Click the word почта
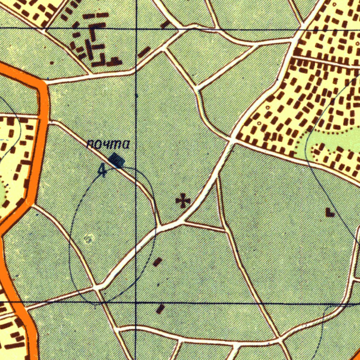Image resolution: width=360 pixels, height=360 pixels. pos(108,144)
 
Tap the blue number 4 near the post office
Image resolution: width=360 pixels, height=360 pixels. pos(102,169)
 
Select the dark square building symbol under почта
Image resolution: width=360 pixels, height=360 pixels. pos(117,161)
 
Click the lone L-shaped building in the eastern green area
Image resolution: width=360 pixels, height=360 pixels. pos(329,212)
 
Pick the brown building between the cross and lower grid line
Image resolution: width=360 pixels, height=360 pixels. pos(157,262)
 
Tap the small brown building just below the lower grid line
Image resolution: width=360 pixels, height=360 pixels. pos(160,309)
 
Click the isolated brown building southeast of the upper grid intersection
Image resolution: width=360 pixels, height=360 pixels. pos(144,52)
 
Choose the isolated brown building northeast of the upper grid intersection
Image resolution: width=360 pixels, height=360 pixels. pos(165,24)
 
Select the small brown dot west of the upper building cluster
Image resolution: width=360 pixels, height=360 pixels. pos(52,63)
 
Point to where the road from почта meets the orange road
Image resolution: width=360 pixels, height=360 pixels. pos(48,122)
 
